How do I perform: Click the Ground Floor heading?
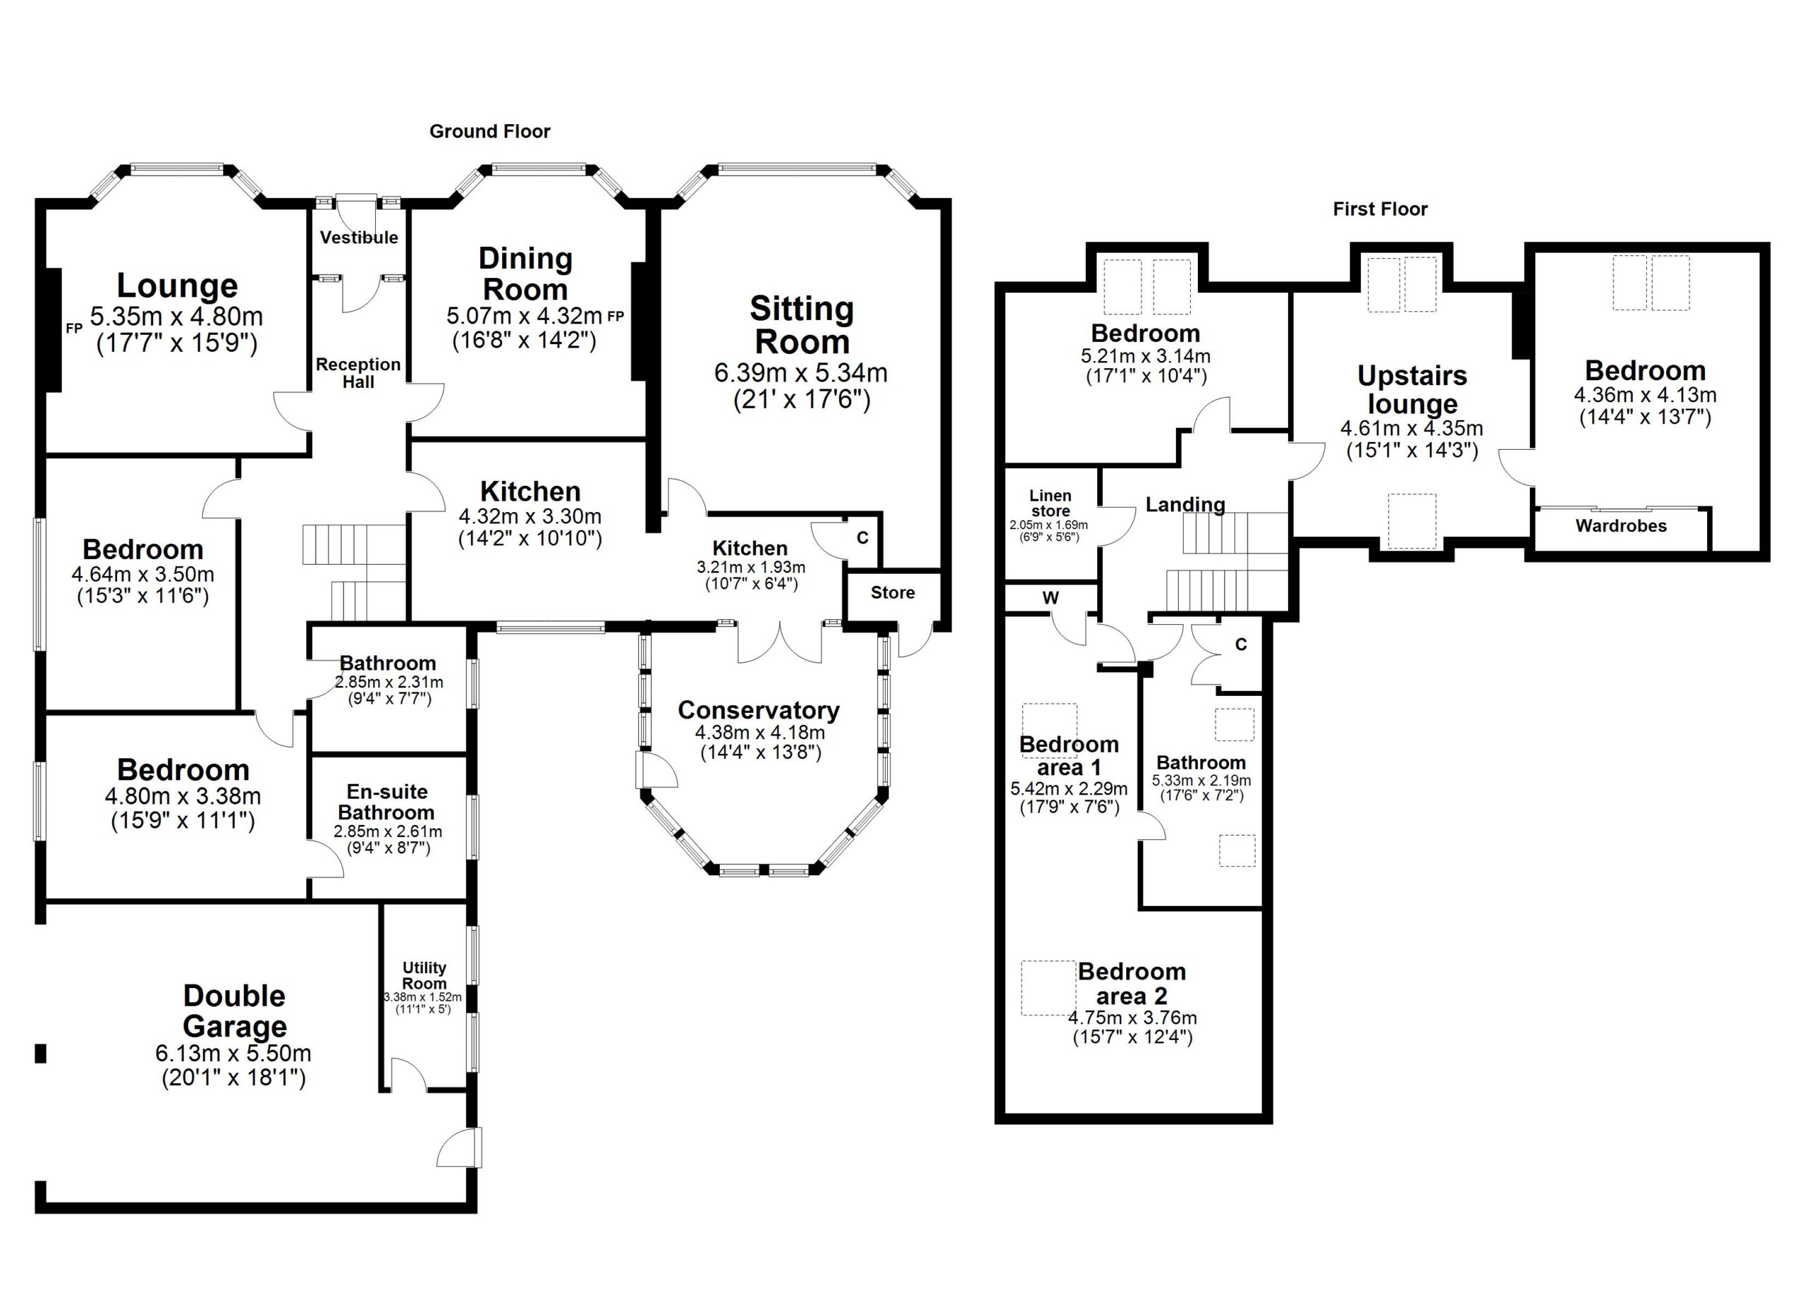(x=489, y=131)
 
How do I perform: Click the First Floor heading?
(x=1380, y=209)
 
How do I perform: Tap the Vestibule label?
(x=359, y=237)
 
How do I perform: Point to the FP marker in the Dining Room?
(x=616, y=317)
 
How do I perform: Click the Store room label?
(x=892, y=593)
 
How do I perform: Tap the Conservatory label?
(x=759, y=710)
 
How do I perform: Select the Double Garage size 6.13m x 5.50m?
(x=233, y=1054)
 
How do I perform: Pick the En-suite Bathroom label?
(x=387, y=802)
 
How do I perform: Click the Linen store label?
(x=1050, y=503)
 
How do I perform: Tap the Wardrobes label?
(x=1620, y=526)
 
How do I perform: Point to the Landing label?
(x=1185, y=504)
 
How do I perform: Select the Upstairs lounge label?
(x=1411, y=390)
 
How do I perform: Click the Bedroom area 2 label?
(x=1131, y=984)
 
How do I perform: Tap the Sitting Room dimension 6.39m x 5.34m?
(x=801, y=373)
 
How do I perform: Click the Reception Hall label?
(x=358, y=373)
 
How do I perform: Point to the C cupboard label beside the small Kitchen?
(x=862, y=539)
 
